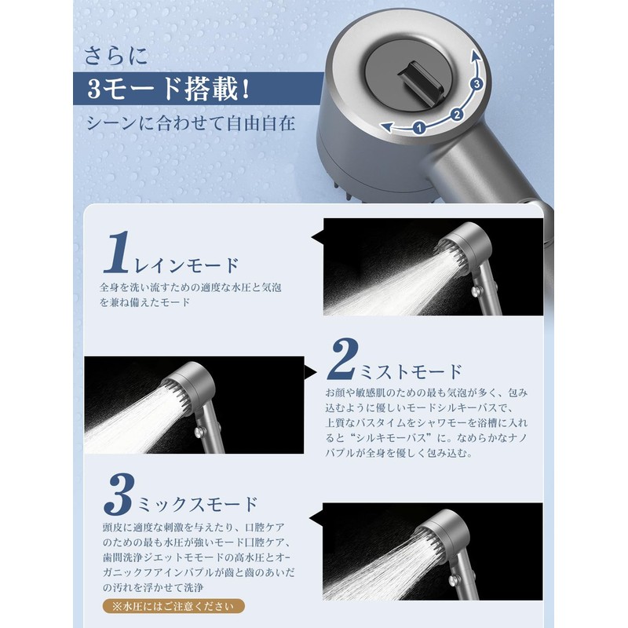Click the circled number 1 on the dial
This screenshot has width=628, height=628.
click(x=419, y=126)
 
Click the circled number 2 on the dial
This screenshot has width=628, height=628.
click(x=456, y=115)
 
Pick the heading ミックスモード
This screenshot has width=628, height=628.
click(x=197, y=503)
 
